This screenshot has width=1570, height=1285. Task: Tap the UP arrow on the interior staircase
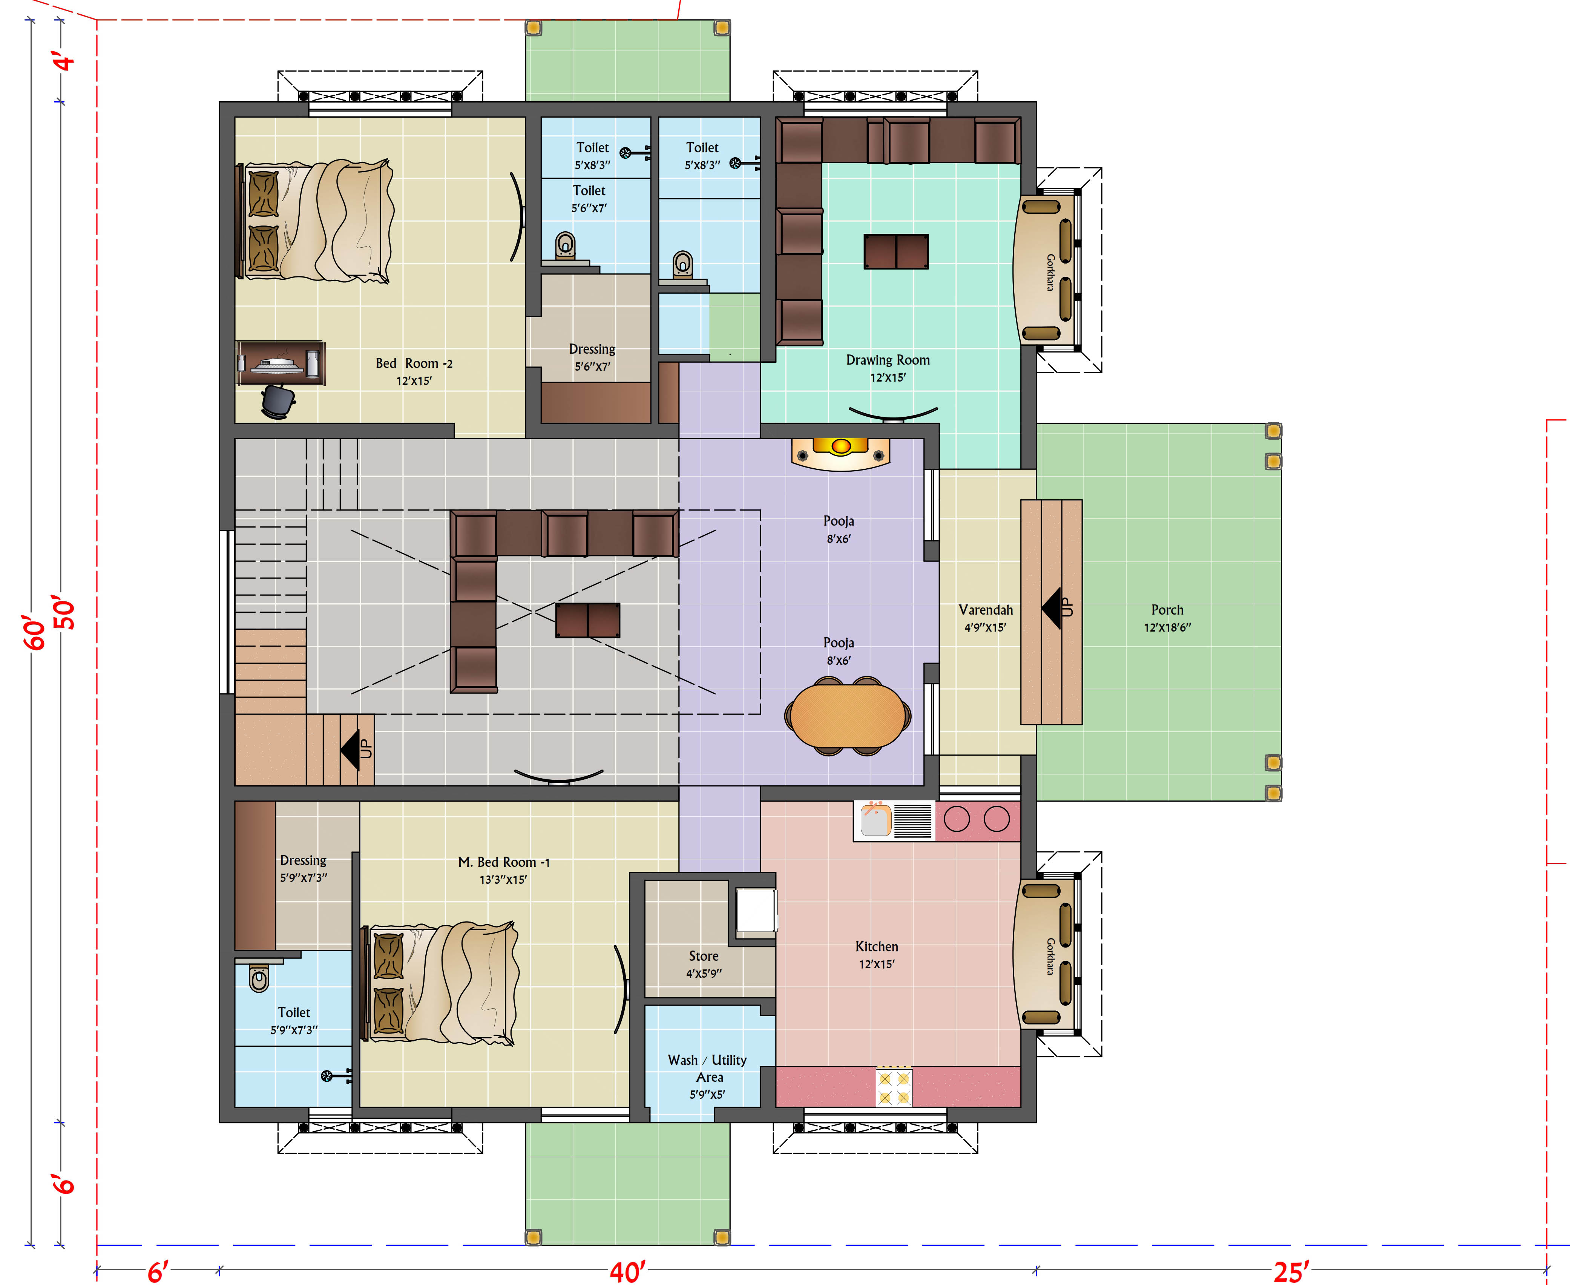(x=356, y=749)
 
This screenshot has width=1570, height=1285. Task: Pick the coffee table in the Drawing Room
(x=896, y=251)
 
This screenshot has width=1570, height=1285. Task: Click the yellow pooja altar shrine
(x=840, y=452)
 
